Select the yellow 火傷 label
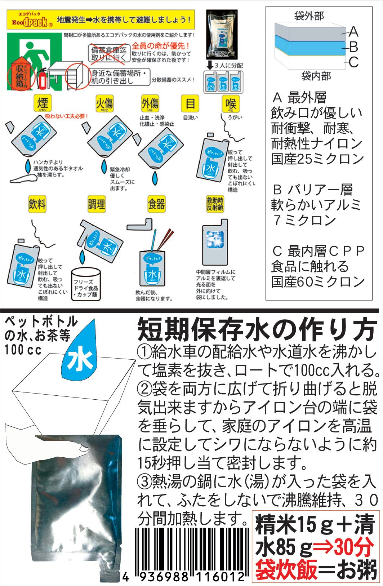[x=104, y=103]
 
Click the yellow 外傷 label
[x=150, y=103]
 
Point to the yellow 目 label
[x=190, y=103]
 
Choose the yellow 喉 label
[x=231, y=103]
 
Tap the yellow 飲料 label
[x=37, y=204]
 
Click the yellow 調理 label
[x=97, y=204]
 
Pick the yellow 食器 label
[x=156, y=204]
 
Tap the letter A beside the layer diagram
[x=354, y=32]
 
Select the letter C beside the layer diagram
[x=354, y=62]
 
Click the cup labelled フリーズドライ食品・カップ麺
[x=86, y=285]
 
